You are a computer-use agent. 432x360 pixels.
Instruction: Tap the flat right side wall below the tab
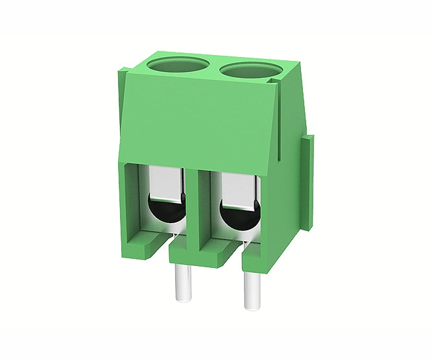click(x=292, y=214)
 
